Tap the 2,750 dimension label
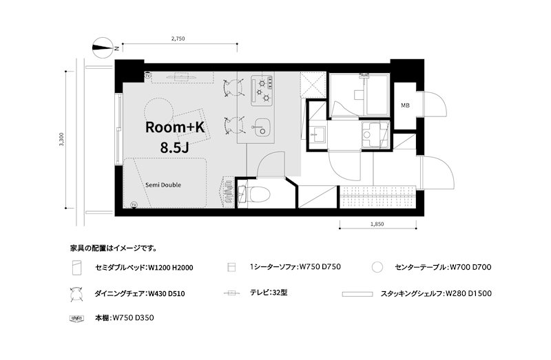[178, 39]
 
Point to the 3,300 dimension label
[61, 140]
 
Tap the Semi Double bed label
[164, 184]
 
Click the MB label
[406, 105]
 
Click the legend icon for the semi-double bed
[76, 267]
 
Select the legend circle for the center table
[377, 267]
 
